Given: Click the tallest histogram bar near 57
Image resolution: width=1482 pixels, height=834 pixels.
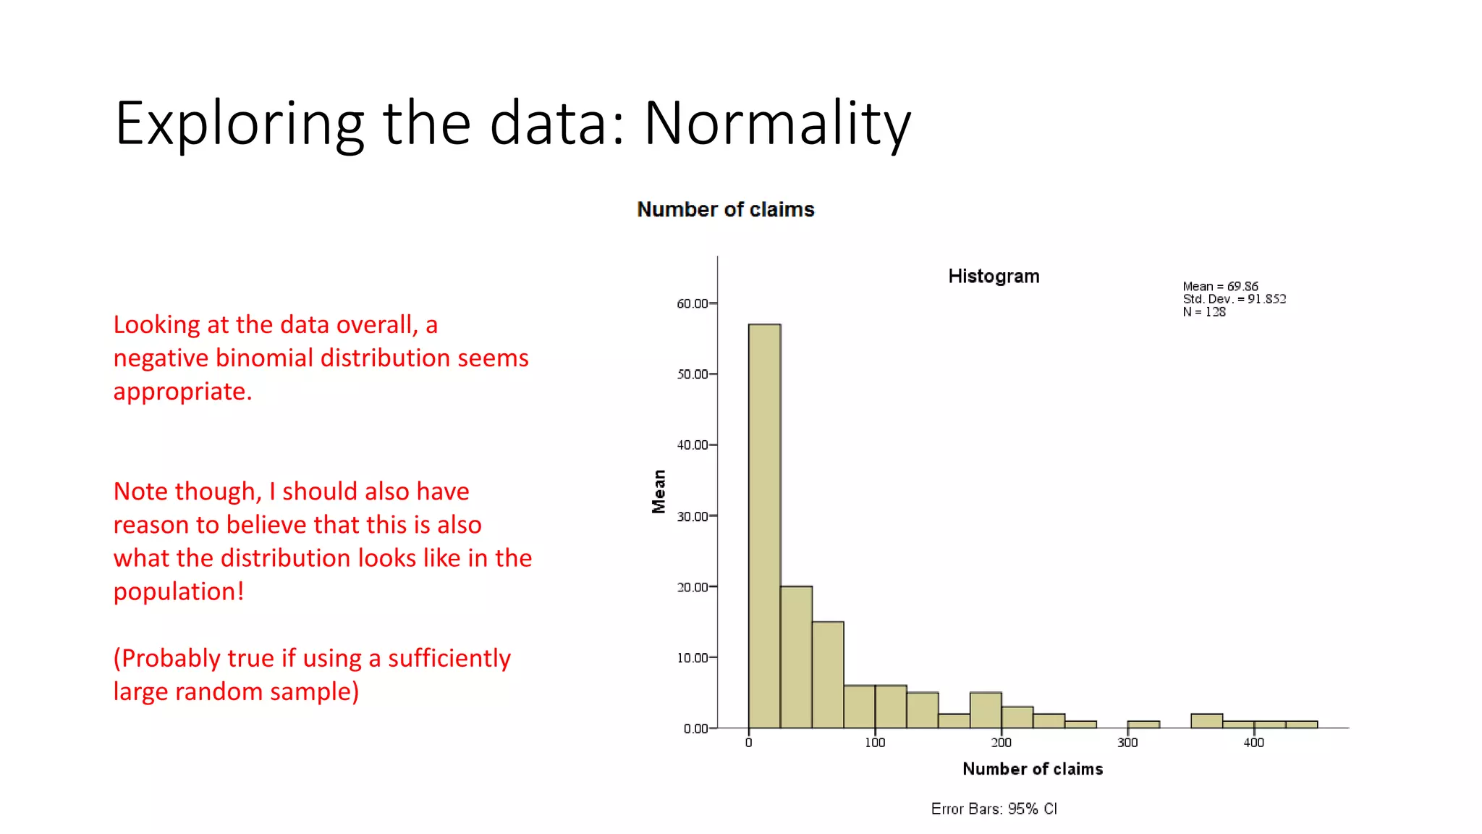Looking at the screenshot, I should [x=764, y=526].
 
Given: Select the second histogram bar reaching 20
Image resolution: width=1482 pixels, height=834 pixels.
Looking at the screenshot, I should [x=796, y=657].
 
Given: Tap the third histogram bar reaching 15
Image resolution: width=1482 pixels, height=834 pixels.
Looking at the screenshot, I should [x=828, y=674].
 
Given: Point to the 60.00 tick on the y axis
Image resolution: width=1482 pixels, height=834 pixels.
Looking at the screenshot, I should [x=692, y=303].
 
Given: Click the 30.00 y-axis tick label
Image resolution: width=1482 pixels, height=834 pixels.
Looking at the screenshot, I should [x=692, y=516].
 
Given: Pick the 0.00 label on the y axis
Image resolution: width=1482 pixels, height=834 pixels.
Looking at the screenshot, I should [x=695, y=728].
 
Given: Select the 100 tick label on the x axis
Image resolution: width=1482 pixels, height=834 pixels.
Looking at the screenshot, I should [x=875, y=743].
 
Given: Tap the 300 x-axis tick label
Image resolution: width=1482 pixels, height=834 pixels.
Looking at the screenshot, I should [x=1127, y=743].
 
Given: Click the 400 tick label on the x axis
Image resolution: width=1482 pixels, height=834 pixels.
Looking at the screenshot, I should [x=1254, y=743].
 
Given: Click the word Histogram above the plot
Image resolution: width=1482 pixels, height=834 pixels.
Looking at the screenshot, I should [x=994, y=277].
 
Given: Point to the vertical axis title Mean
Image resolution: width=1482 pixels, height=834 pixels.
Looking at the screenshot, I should [x=659, y=492].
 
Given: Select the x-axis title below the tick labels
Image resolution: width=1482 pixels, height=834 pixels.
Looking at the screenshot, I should [x=1033, y=769].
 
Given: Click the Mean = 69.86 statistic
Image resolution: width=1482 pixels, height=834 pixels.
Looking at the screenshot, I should [x=1220, y=287].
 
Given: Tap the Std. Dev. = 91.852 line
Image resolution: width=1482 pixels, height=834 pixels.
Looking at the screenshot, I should [x=1234, y=299].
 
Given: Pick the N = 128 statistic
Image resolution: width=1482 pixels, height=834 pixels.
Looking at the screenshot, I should [x=1204, y=312].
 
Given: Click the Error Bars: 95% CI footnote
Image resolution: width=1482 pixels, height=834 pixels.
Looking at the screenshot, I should [x=994, y=809].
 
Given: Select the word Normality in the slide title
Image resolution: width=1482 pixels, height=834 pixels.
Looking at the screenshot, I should [x=777, y=124].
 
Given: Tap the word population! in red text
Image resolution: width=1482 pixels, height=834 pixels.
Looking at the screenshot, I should [x=178, y=591].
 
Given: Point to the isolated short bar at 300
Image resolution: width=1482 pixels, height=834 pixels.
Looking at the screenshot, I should [x=1143, y=724].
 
